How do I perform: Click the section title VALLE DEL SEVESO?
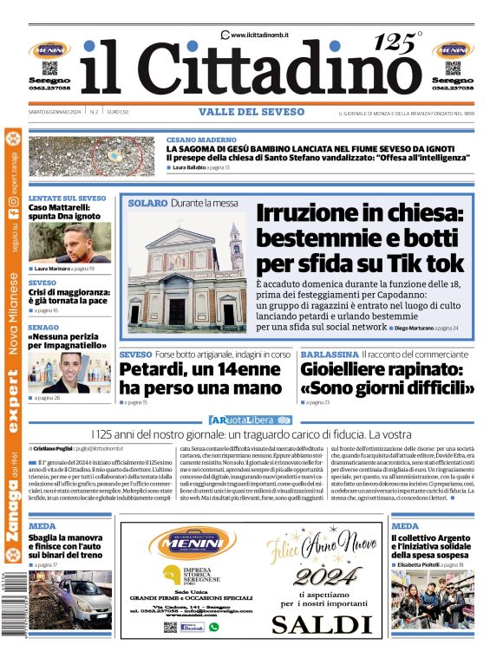click(251, 112)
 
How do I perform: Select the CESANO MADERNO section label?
click(200, 140)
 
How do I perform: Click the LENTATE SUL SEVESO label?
click(67, 199)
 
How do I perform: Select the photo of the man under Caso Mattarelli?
click(69, 243)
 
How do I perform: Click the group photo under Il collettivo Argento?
click(432, 599)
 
